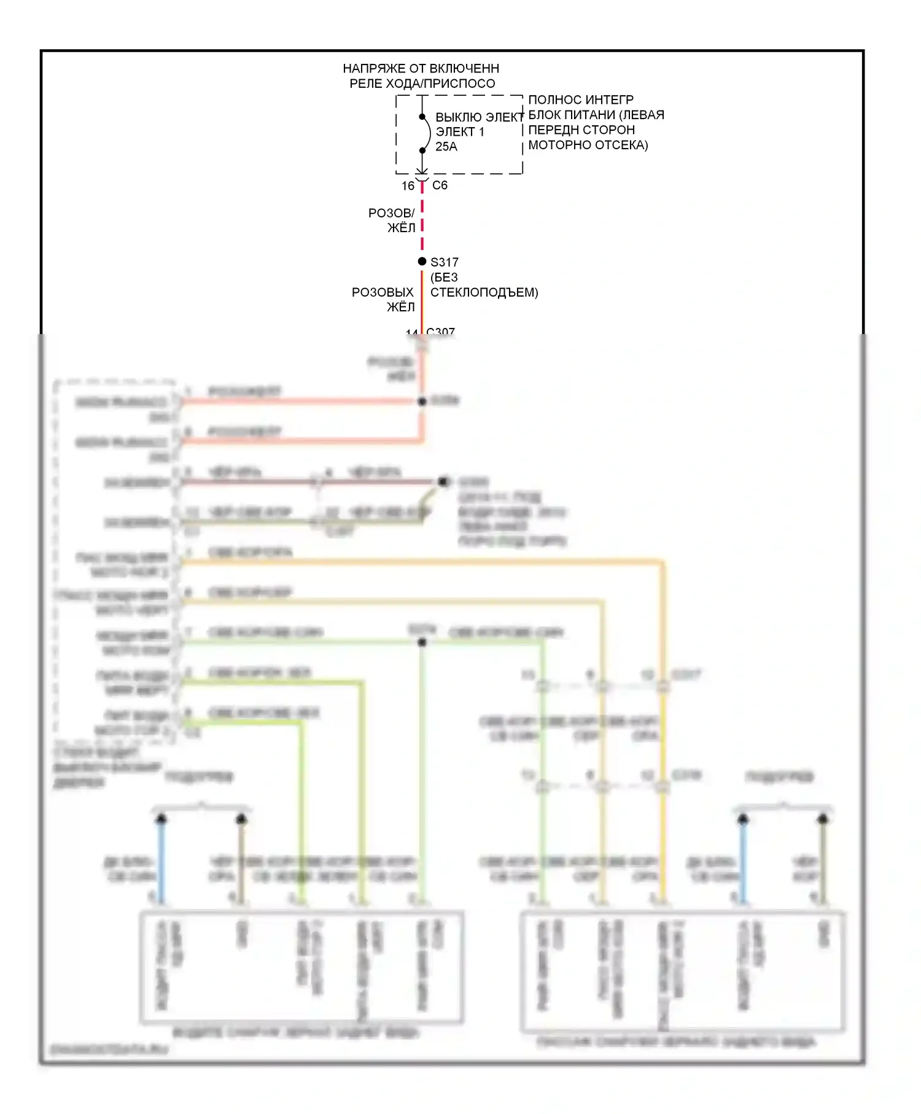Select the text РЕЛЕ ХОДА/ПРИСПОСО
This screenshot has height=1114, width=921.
422,84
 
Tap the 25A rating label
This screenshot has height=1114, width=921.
446,147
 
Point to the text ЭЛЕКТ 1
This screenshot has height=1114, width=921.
460,132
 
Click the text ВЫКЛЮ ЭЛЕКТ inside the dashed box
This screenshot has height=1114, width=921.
479,117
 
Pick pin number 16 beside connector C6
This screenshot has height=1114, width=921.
408,185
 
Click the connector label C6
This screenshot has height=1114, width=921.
440,185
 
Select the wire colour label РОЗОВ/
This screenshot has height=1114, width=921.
391,213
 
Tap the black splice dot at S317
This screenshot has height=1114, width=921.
422,262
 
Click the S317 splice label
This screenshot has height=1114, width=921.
445,262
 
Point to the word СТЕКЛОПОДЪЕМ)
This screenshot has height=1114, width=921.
484,292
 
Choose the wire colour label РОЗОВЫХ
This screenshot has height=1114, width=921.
383,292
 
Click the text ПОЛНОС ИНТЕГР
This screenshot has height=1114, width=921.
581,99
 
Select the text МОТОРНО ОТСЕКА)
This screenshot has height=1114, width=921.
588,146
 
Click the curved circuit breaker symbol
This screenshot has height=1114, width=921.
426,133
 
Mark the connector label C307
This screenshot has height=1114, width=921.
441,332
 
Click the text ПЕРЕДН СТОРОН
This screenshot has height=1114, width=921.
581,130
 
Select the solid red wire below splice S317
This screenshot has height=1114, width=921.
422,301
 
